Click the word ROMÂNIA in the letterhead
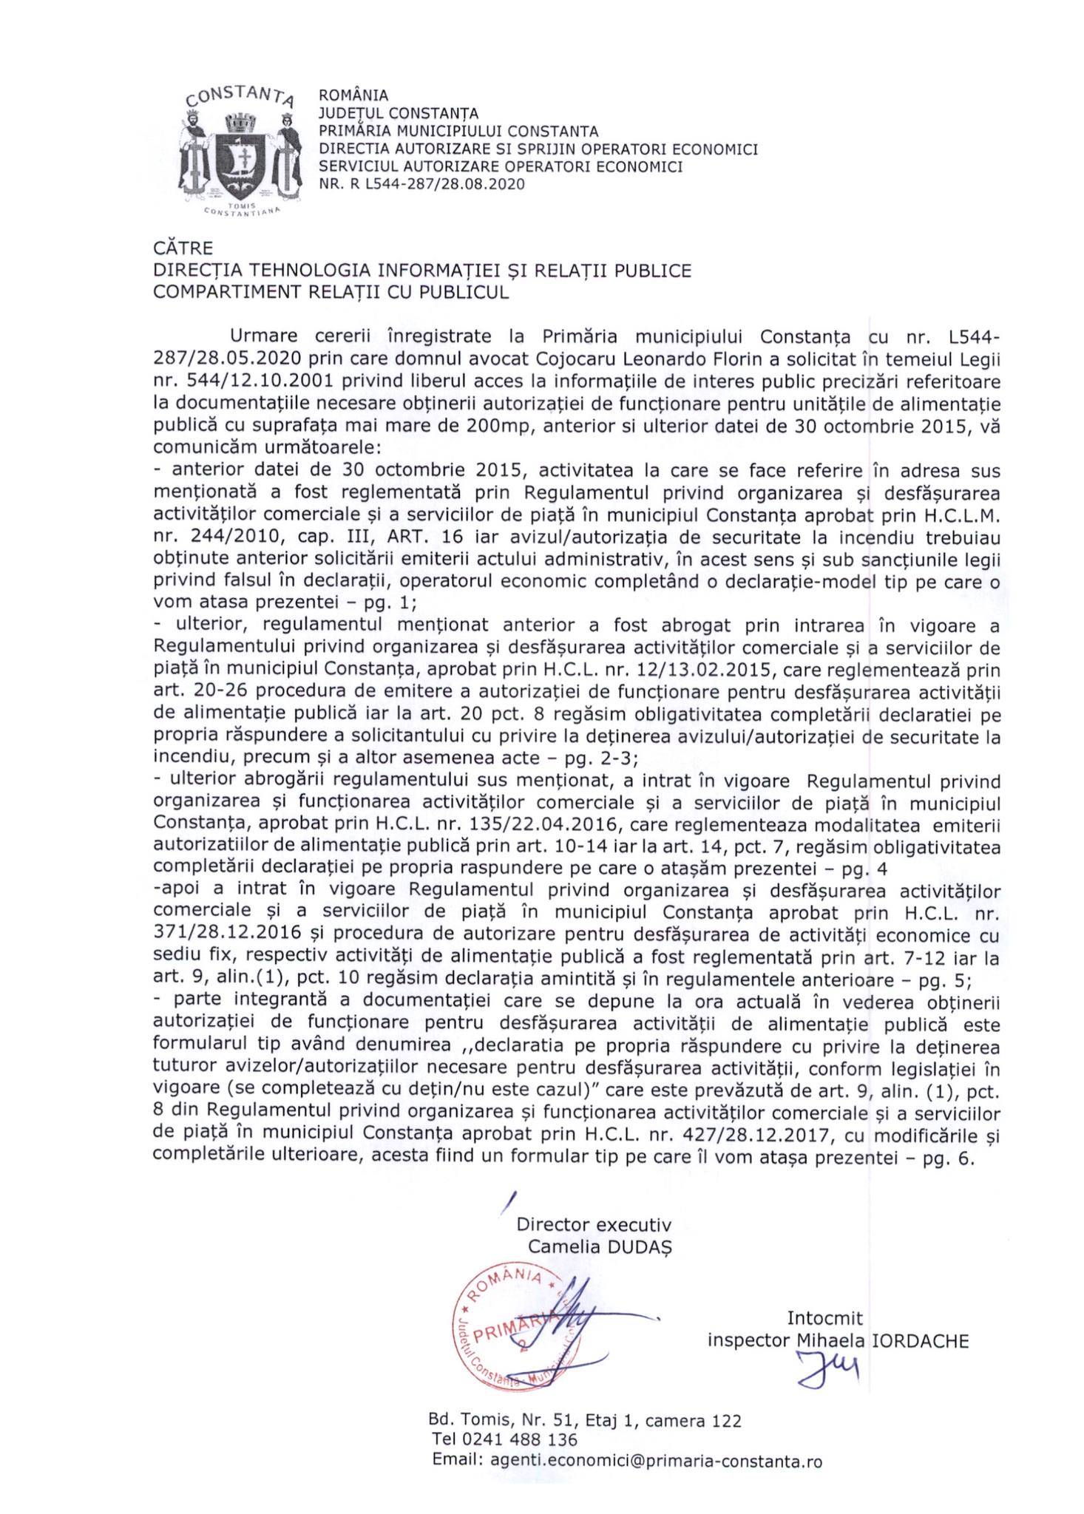353,95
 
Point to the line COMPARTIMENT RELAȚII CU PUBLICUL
331,292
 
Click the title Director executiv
594,1222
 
